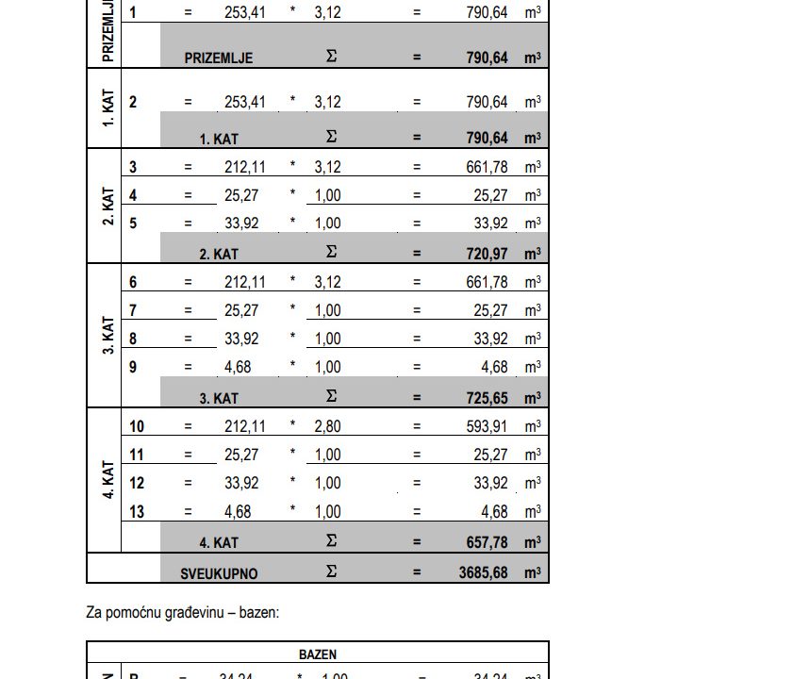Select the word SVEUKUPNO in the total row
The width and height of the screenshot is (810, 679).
coord(219,573)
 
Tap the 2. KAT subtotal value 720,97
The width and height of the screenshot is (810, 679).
coord(488,254)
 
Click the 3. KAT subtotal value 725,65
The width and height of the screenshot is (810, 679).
coord(488,398)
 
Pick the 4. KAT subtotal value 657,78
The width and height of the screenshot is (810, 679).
coord(488,542)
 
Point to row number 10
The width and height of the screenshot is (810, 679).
coord(137,426)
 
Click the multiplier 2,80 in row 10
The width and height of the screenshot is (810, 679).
coord(327,426)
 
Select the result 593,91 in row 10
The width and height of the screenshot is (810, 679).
coord(488,426)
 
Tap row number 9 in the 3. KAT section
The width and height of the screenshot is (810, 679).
coord(133,367)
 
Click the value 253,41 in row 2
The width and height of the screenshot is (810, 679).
coord(245,102)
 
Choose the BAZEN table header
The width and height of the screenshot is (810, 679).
coord(318,654)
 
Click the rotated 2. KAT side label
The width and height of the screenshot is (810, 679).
coord(107,207)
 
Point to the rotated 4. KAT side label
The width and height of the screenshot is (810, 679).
coord(107,479)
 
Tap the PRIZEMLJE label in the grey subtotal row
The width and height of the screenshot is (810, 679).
coord(219,58)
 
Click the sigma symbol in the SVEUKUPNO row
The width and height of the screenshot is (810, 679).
coord(331,571)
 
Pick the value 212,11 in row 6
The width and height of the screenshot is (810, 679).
coord(245,282)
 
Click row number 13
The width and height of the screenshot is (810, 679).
coord(137,511)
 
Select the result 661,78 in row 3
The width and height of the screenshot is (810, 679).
coord(488,167)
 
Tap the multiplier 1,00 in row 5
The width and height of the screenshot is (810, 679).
coord(327,224)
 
